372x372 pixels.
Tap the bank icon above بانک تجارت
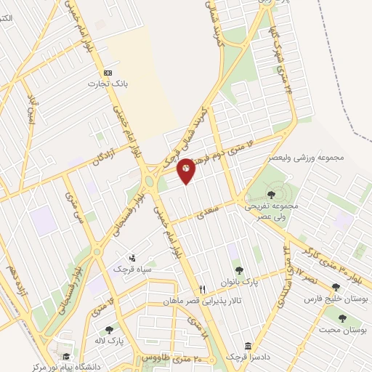pos(108,73)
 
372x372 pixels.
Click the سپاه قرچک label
pos(132,269)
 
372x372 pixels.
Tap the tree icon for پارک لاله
pos(109,330)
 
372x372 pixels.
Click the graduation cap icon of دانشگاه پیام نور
pos(67,356)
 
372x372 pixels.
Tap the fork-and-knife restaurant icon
pos(203,288)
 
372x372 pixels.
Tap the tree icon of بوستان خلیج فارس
pos(336,287)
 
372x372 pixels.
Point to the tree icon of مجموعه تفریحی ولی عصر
pos(272,194)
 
